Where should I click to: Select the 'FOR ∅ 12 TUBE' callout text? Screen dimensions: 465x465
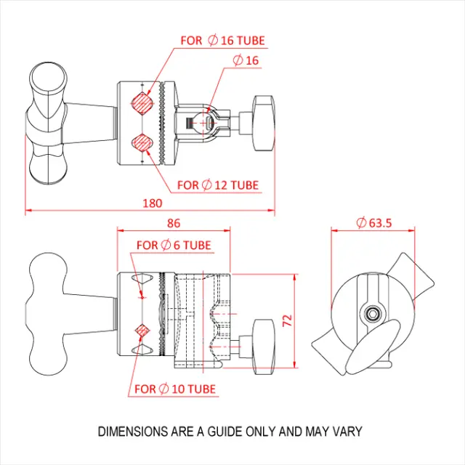218,185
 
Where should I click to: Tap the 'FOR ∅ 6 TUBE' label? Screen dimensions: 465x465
174,246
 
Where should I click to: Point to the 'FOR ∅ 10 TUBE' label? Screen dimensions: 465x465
175,389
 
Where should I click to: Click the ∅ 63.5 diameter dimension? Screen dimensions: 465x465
373,223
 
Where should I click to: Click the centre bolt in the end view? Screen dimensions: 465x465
372,313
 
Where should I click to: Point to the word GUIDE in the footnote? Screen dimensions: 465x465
225,432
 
